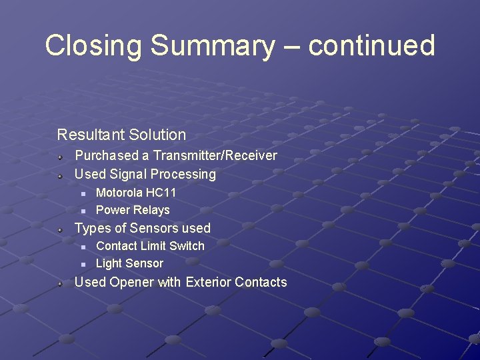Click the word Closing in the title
[94, 46]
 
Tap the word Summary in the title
[212, 46]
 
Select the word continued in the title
[371, 46]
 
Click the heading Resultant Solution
[121, 135]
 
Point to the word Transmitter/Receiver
[215, 156]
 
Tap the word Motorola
[119, 193]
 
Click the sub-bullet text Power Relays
[133, 210]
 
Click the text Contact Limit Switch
[150, 246]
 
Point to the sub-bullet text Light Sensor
[129, 263]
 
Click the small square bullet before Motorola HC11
[83, 193]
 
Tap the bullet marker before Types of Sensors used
[60, 229]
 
